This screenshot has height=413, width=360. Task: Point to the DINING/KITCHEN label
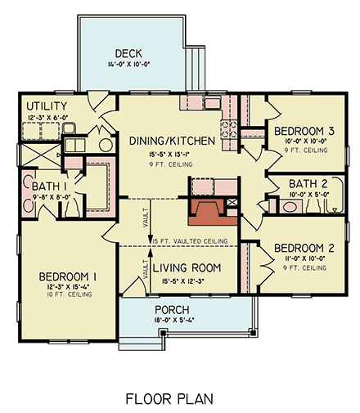pos(173,141)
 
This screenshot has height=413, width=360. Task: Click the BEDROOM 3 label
pos(303,131)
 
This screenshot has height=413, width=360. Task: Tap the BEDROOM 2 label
pos(303,248)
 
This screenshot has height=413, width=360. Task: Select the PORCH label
pos(173,310)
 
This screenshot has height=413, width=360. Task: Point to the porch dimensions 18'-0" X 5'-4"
pos(173,321)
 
